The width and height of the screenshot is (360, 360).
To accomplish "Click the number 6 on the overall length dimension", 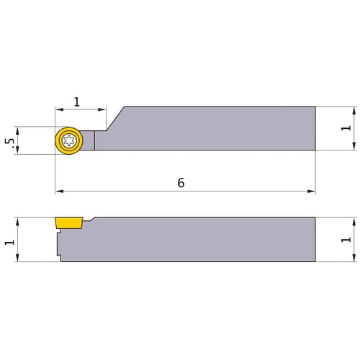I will click(181, 183).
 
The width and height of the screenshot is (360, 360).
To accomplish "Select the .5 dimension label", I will click(9, 141).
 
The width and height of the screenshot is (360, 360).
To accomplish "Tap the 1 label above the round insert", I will click(77, 102).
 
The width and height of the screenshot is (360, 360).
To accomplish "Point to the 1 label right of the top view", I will click(346, 128).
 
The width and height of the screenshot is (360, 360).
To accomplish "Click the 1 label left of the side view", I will click(9, 240).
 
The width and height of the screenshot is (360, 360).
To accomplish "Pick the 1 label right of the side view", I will click(346, 240).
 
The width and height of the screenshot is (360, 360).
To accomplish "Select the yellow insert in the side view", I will click(69, 222).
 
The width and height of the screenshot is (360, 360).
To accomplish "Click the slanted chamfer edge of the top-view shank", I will click(115, 118).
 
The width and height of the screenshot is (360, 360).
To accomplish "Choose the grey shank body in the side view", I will click(202, 240).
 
